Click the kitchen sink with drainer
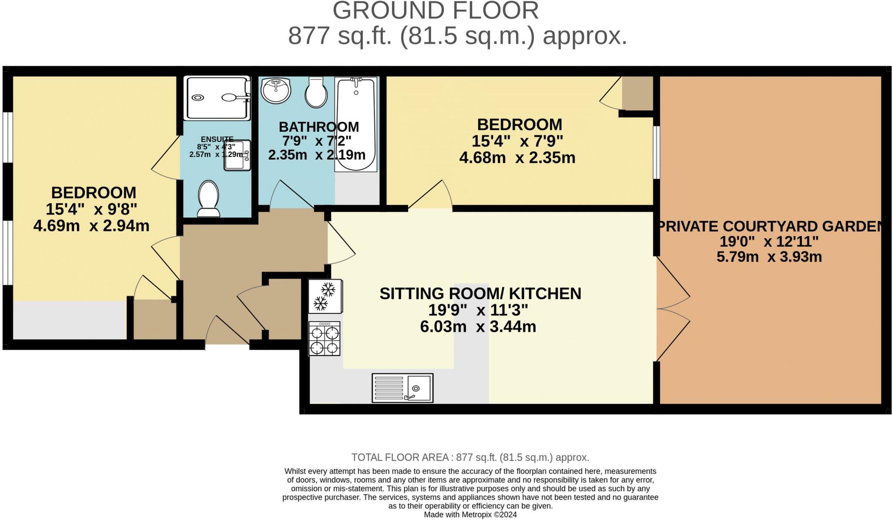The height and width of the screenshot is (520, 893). (x=402, y=387)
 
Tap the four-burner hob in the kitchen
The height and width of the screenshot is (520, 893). (x=324, y=339)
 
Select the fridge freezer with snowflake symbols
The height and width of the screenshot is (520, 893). (x=325, y=296)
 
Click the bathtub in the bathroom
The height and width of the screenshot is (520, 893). (x=356, y=124)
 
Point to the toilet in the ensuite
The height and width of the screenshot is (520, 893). (x=209, y=199)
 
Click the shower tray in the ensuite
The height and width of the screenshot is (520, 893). (x=217, y=98)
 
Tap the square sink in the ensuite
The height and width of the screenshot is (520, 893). (x=237, y=155)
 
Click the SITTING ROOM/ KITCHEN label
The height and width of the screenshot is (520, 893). (x=480, y=294)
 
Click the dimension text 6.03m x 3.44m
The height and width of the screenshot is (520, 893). (x=478, y=326)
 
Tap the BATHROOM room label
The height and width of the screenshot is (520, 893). (x=319, y=127)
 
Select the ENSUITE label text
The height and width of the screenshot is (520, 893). (x=217, y=139)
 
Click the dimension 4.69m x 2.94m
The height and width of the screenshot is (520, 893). (x=91, y=226)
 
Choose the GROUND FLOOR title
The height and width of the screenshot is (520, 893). (x=436, y=10)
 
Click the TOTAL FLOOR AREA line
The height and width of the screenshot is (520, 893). (x=470, y=457)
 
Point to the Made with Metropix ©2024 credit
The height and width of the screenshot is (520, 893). (x=470, y=515)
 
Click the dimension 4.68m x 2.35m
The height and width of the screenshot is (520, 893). (x=517, y=158)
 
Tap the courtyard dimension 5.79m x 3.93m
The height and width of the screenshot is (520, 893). (x=769, y=257)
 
